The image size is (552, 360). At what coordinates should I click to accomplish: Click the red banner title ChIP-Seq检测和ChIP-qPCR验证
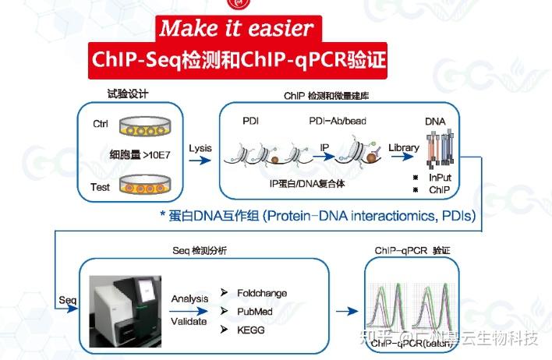[239, 59]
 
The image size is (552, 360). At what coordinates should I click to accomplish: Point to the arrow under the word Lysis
[200, 161]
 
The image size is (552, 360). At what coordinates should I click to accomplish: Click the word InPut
[441, 177]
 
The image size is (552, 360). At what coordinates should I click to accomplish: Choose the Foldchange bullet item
[261, 293]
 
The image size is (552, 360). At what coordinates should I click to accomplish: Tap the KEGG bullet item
[251, 329]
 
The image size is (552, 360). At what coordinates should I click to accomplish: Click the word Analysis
[190, 298]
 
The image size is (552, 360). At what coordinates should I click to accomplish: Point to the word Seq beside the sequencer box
[67, 299]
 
